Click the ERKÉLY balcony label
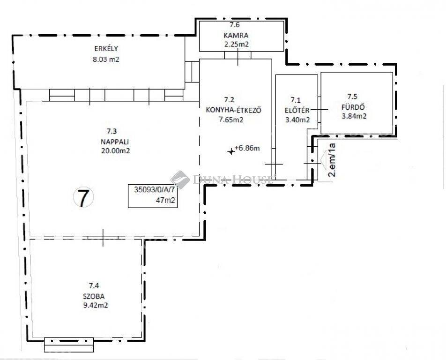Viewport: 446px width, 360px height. [x=106, y=48]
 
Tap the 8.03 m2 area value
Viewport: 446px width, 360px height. [x=106, y=60]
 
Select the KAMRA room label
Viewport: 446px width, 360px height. [x=236, y=36]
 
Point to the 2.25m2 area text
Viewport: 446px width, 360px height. [x=237, y=45]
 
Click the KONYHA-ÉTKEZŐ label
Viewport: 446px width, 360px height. [x=233, y=110]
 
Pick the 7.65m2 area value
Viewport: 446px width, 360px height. [x=231, y=120]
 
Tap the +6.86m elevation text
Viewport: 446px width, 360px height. [x=247, y=148]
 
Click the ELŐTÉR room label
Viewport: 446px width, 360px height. [x=297, y=110]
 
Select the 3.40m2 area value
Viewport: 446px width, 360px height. [x=297, y=120]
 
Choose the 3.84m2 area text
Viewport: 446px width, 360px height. [x=354, y=116]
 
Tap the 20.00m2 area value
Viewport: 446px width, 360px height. [x=115, y=151]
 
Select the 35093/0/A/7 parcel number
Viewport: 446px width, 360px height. [x=154, y=190]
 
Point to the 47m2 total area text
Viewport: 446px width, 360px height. [x=165, y=200]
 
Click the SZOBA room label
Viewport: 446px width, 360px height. [x=94, y=296]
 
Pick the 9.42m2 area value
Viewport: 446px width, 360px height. [x=94, y=305]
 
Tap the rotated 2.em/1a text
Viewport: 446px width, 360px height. [x=332, y=160]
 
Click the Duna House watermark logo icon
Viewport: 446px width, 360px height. [x=180, y=180]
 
